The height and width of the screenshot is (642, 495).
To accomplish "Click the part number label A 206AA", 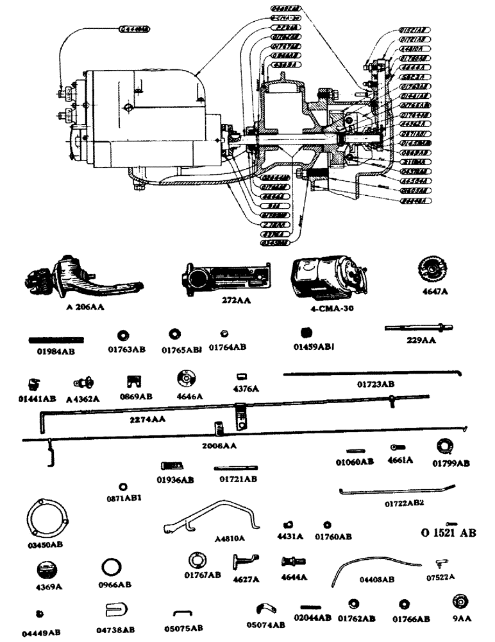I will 85,307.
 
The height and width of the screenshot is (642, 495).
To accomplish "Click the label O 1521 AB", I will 448,533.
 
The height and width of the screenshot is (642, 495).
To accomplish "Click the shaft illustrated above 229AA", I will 414,328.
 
